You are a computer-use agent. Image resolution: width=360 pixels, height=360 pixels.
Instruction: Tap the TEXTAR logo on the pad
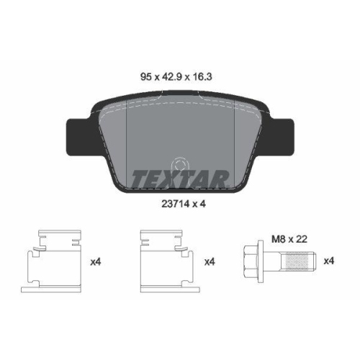(x=180, y=176)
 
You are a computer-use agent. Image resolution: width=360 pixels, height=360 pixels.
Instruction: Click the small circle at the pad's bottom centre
(x=181, y=165)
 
